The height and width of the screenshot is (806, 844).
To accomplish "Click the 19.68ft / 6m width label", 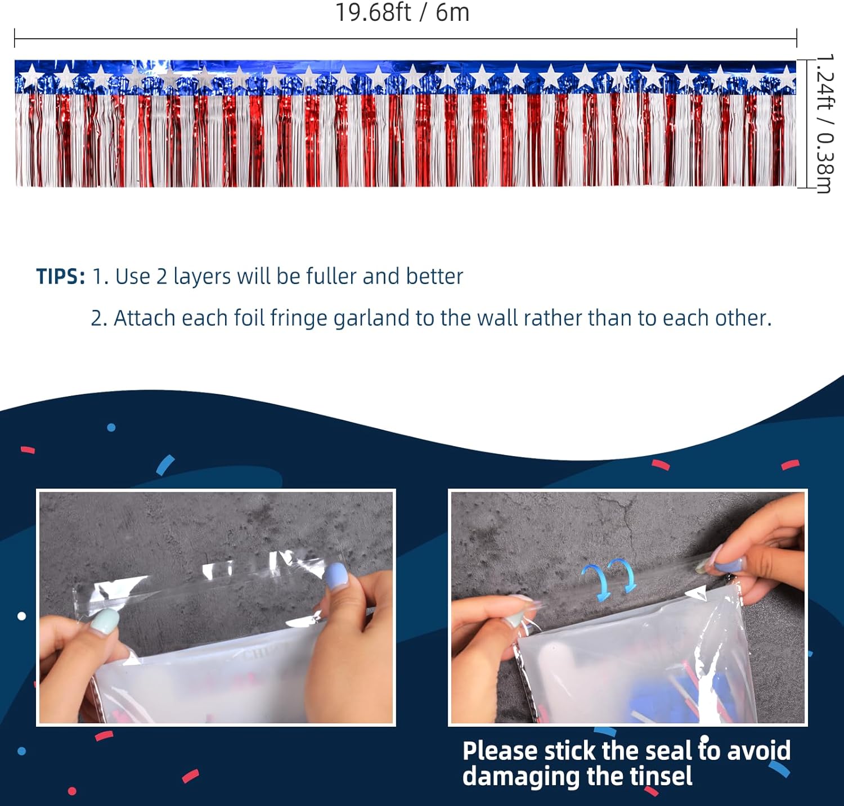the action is point(402,12).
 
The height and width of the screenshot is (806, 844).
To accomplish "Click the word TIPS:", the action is point(61,277).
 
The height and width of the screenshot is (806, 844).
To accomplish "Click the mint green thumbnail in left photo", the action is point(105,623).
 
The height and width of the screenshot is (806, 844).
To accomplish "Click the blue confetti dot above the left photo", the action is point(111,427).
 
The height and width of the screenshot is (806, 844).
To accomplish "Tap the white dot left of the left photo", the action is point(21,616).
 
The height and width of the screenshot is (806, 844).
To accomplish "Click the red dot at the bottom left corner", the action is point(72,791).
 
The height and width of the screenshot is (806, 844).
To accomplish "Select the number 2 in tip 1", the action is point(162,277).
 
